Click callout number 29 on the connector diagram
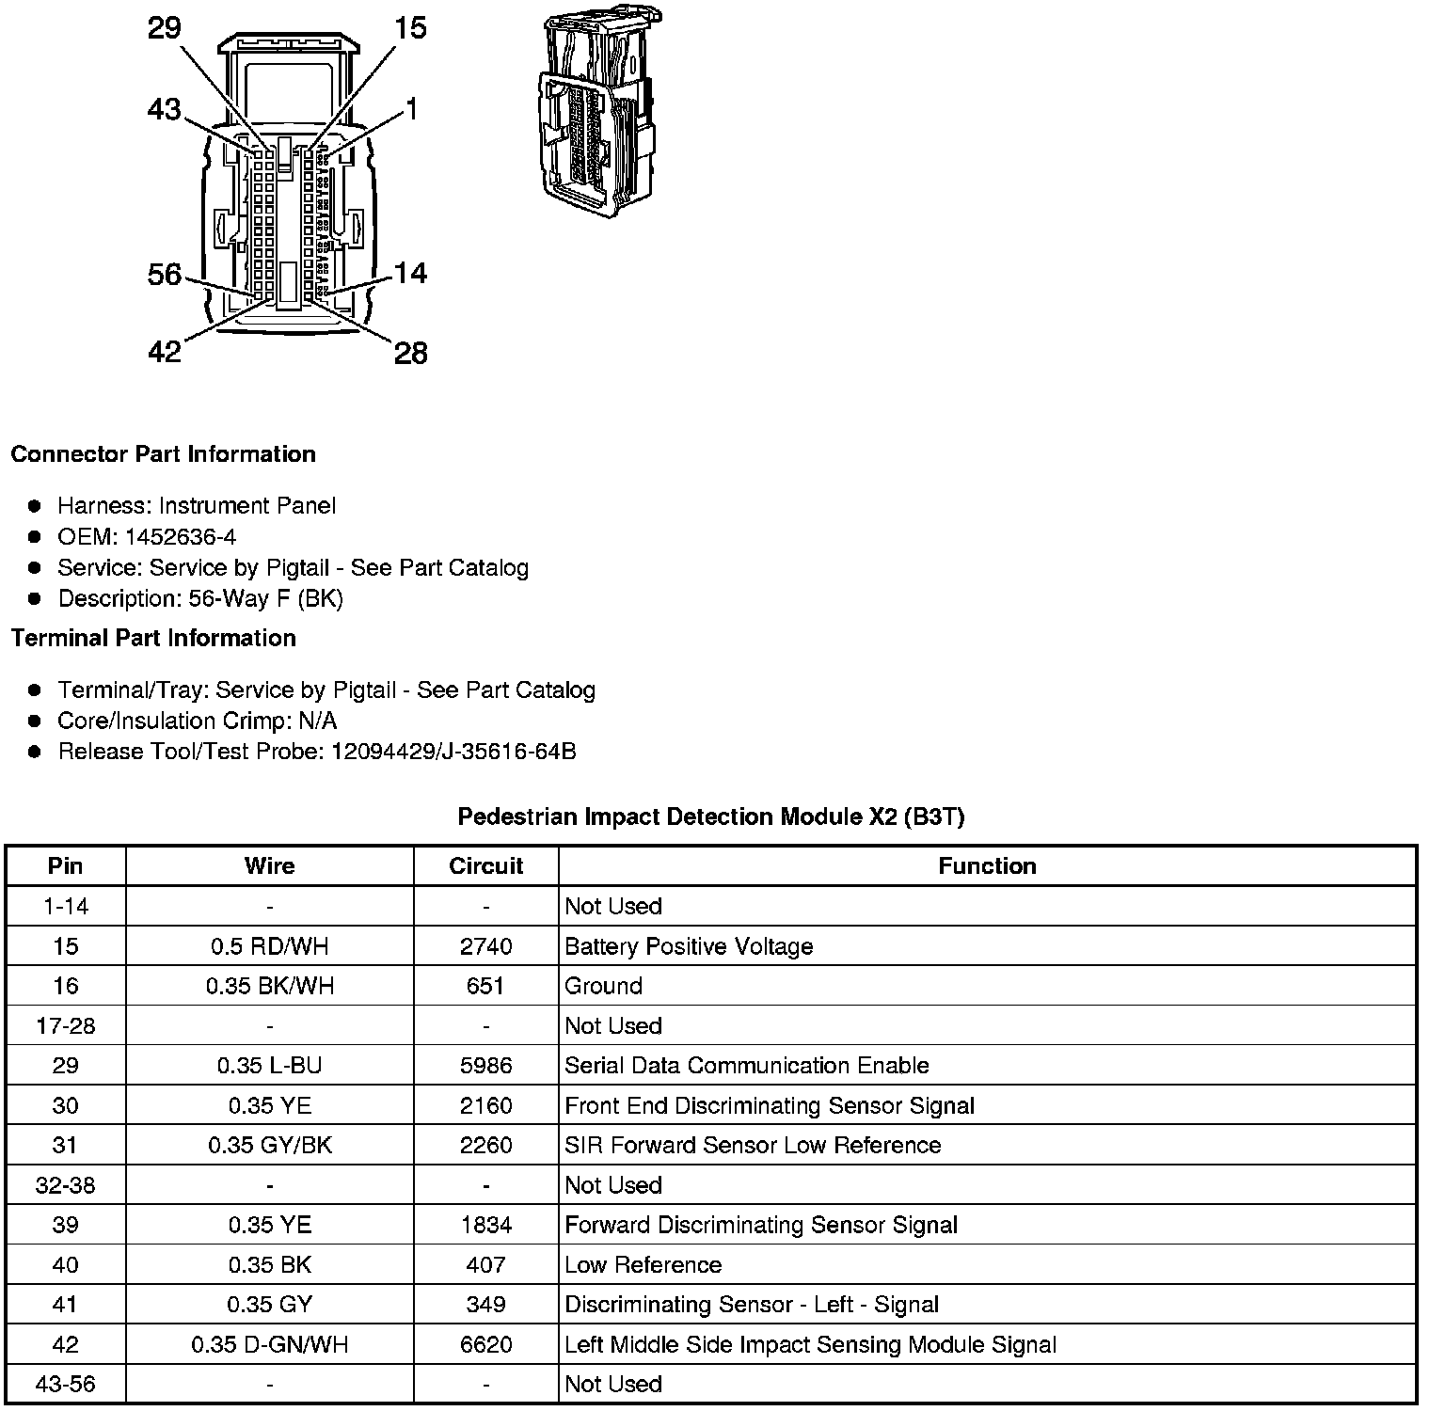point(164,28)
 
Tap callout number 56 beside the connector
point(165,275)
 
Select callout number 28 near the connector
point(410,353)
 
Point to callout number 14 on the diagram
point(410,273)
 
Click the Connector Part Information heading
point(163,454)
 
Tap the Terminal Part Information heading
point(153,639)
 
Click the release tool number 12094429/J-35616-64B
point(453,752)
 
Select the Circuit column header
point(485,866)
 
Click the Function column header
point(987,866)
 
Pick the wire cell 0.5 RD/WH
point(269,946)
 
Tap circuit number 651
point(485,986)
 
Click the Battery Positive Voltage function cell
point(689,946)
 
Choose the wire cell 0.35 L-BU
point(269,1066)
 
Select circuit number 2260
point(485,1145)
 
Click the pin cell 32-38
point(65,1185)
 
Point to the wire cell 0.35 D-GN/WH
point(269,1344)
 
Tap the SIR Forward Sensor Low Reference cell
point(753,1145)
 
